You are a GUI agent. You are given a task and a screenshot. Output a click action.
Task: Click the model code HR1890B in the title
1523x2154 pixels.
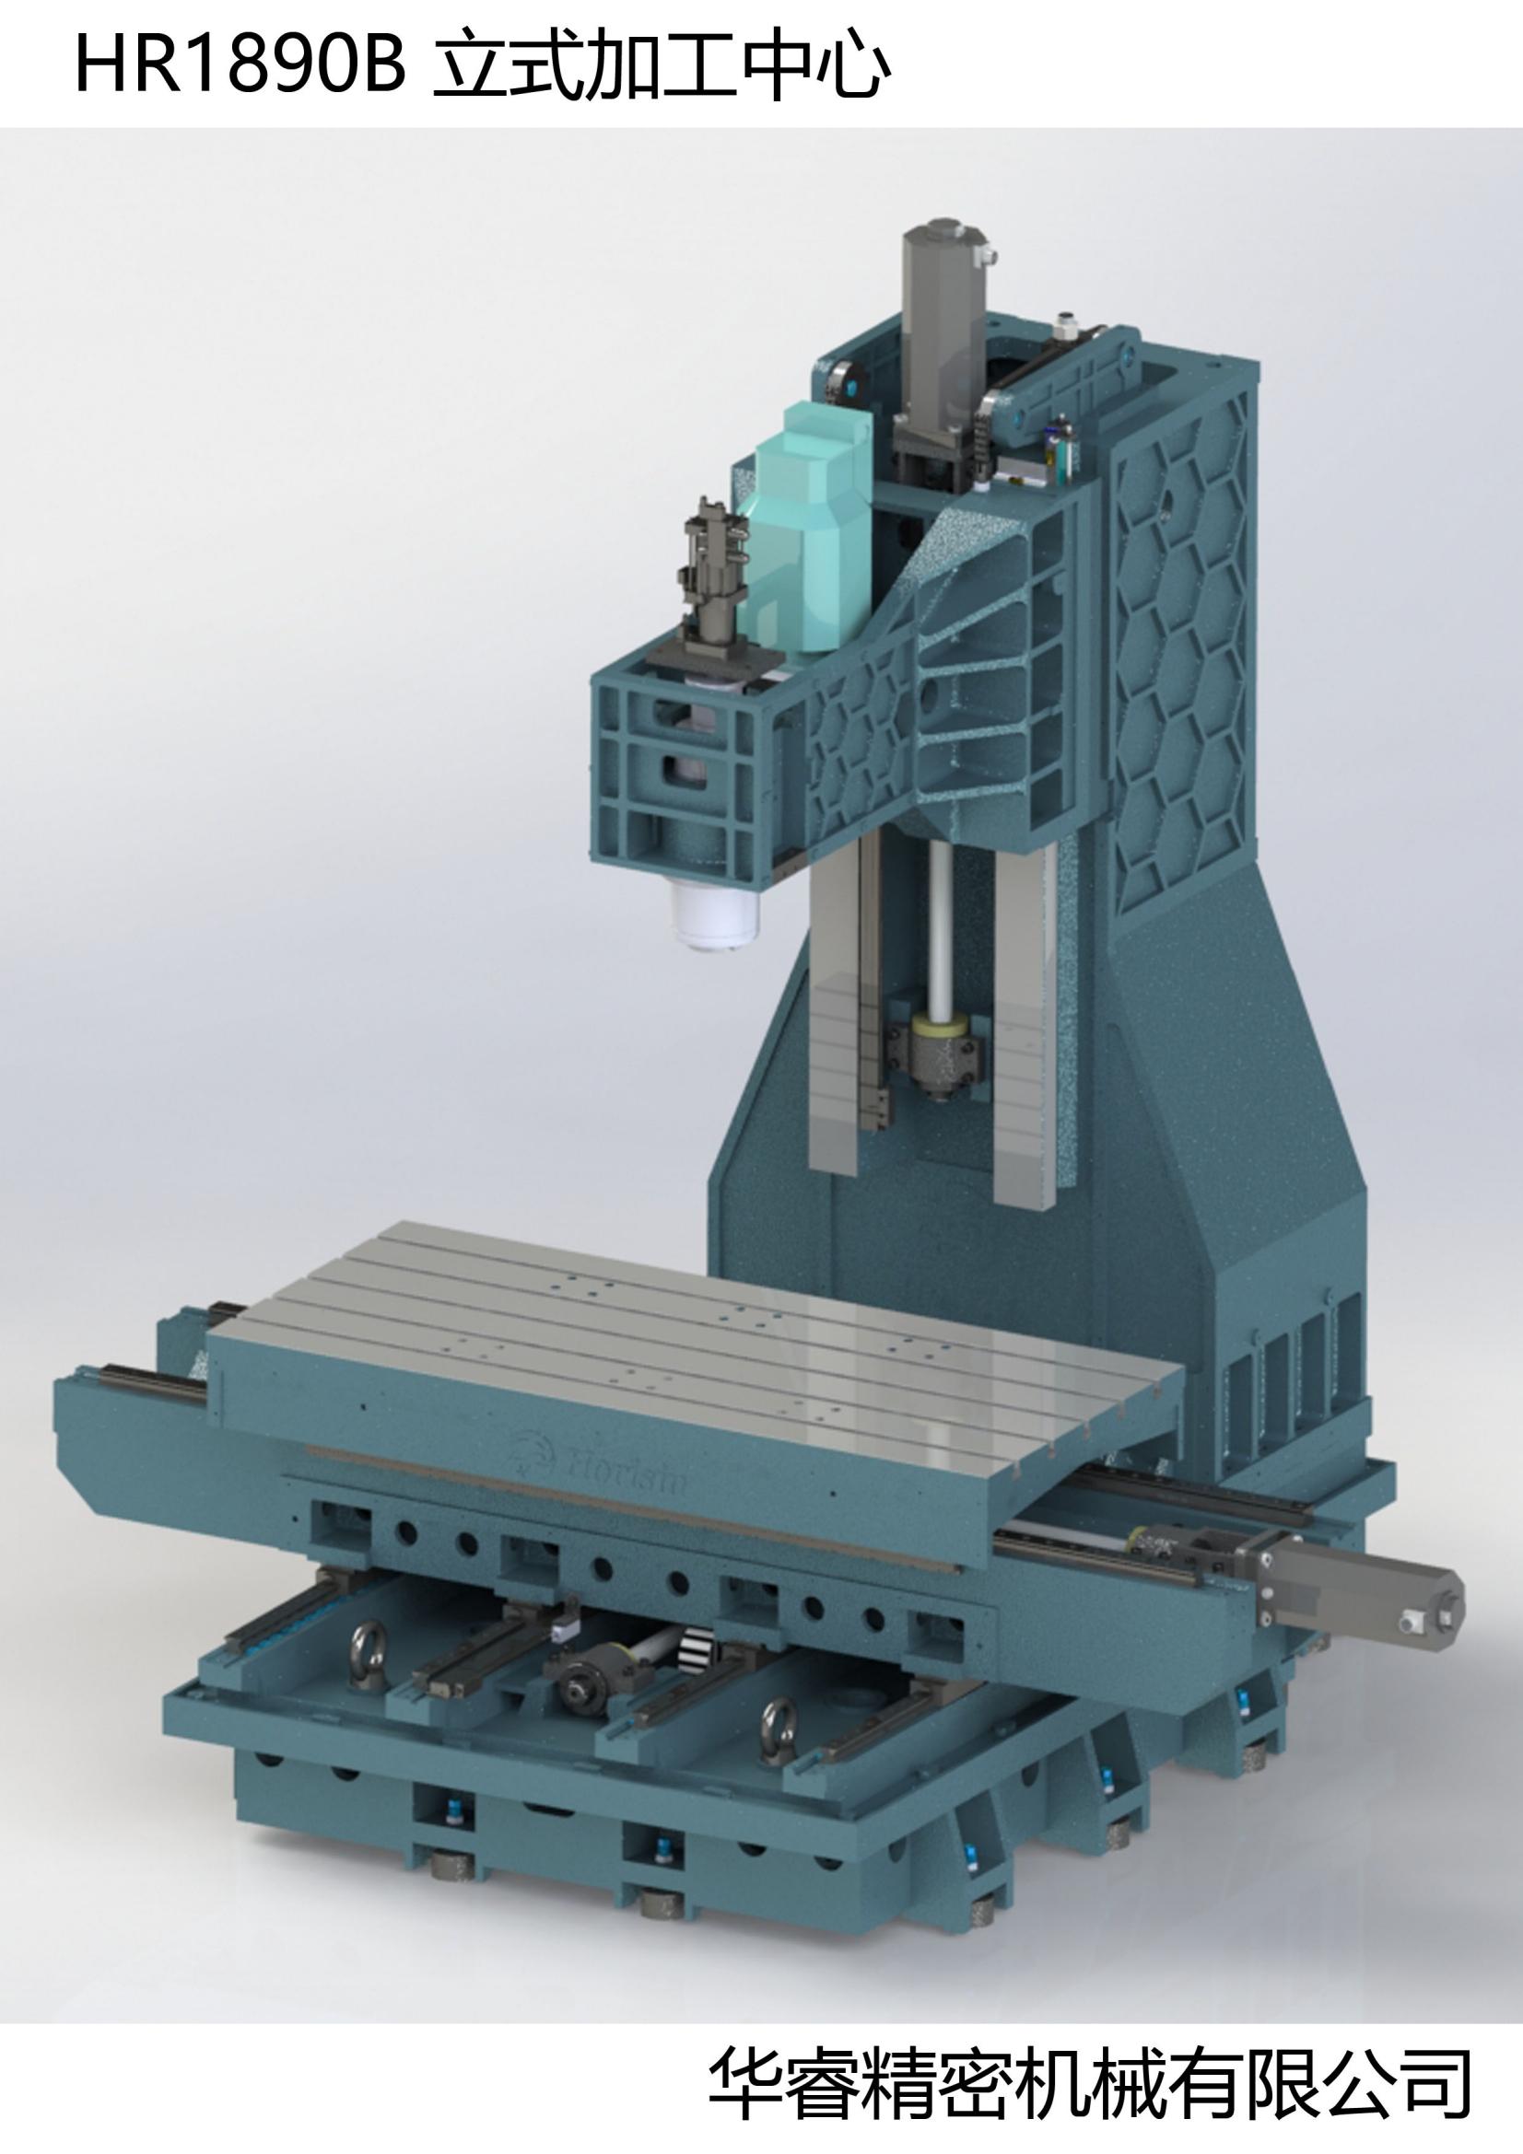click(x=240, y=67)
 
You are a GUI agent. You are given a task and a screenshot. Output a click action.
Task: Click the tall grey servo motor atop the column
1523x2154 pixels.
click(x=943, y=319)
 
